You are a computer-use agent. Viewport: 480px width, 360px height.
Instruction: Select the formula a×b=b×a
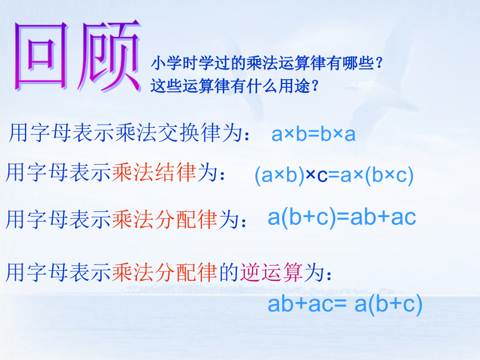point(313,134)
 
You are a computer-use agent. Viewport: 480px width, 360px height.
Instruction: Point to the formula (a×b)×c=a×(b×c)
point(334,175)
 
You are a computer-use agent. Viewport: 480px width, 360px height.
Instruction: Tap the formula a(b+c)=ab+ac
point(342,217)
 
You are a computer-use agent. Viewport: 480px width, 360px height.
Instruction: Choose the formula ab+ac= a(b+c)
point(344,304)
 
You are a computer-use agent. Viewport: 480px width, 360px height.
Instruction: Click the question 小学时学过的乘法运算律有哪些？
point(268,63)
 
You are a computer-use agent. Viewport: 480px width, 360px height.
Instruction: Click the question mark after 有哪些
point(379,63)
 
